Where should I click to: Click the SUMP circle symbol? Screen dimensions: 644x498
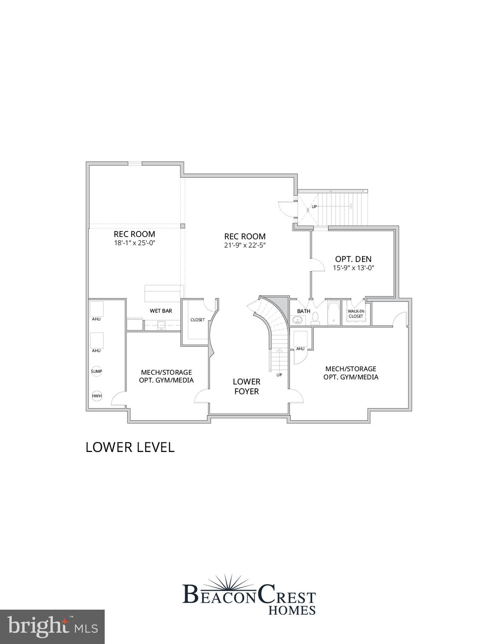(96, 371)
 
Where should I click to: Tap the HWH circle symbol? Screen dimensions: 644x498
(96, 396)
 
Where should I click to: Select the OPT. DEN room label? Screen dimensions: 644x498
(353, 259)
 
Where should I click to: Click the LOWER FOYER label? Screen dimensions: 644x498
(246, 386)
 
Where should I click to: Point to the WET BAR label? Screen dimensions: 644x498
(161, 311)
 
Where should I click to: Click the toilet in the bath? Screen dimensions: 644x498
(316, 319)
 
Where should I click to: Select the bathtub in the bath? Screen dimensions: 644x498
(334, 313)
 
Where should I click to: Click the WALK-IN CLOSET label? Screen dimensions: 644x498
(356, 314)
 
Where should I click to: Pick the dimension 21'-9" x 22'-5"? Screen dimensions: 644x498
(245, 245)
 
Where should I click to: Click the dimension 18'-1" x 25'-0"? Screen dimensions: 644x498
(134, 243)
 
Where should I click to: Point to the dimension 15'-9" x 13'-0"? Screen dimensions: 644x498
(353, 268)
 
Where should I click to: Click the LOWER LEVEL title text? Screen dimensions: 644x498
(130, 447)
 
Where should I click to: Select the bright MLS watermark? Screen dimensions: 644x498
(52, 627)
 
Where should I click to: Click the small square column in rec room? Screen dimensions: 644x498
(183, 226)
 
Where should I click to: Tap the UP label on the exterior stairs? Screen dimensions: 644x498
(314, 206)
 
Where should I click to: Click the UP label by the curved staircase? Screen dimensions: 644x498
(279, 374)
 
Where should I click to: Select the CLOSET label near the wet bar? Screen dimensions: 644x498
(198, 320)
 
